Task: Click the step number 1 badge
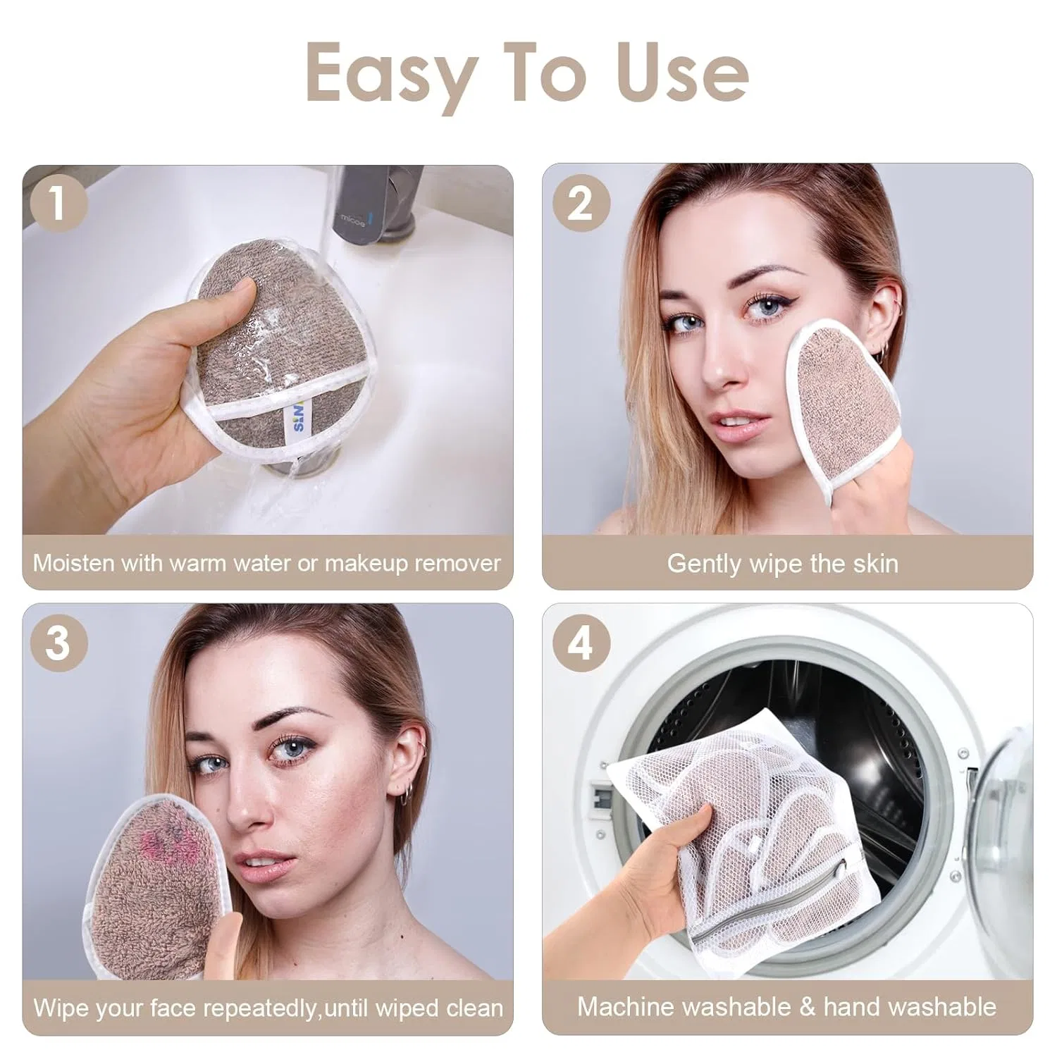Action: (58, 203)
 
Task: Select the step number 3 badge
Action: (58, 643)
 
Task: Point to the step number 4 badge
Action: (581, 643)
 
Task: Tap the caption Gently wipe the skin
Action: (783, 563)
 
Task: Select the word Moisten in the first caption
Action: (74, 563)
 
